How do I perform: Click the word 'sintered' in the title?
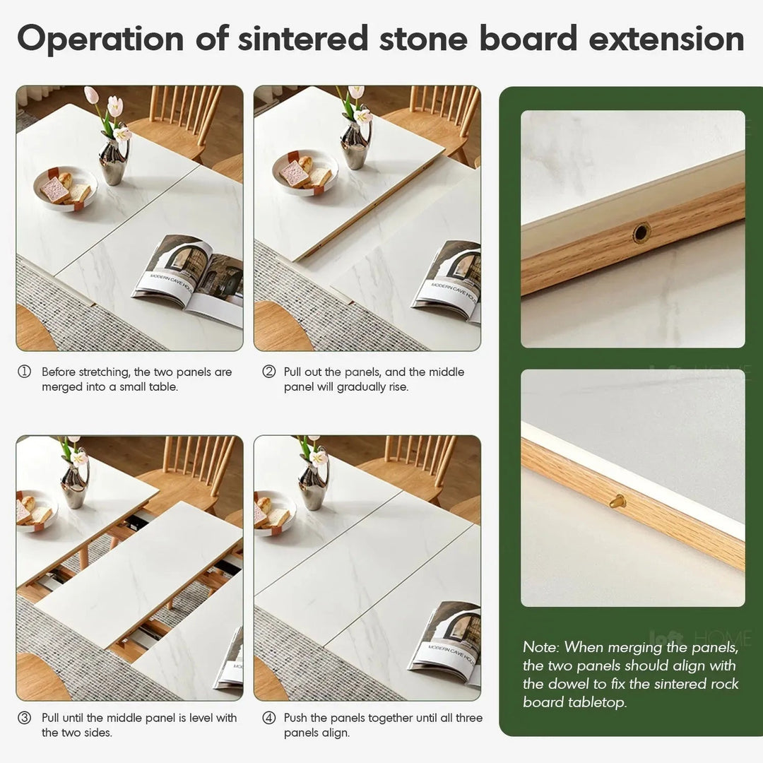coord(302,39)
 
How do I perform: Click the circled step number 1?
coord(25,372)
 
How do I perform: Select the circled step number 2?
coord(268,372)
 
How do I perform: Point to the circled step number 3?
coord(25,718)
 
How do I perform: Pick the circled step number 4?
coord(268,718)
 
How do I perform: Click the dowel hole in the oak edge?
coord(641,232)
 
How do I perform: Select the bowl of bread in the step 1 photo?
coord(64,187)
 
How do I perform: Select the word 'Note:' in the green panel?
coord(542,647)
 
